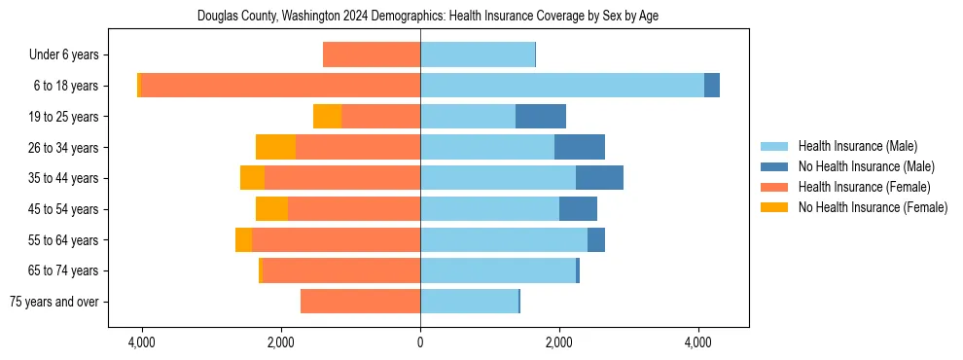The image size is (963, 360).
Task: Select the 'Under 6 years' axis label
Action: pos(69,54)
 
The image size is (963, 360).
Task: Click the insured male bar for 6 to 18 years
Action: pos(561,86)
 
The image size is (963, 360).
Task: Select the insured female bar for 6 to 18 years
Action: pos(280,86)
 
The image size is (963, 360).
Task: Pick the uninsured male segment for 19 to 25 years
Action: pos(541,117)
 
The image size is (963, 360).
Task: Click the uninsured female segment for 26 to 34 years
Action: pos(275,147)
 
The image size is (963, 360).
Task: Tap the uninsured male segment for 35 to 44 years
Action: pos(599,178)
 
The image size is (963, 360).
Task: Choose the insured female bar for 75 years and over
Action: pos(360,302)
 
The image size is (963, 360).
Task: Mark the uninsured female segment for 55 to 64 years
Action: pos(243,239)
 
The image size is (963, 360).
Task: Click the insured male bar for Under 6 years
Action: pos(478,54)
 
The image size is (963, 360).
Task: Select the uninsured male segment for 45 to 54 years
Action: pos(578,209)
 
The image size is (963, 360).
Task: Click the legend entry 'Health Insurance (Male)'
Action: pos(857,146)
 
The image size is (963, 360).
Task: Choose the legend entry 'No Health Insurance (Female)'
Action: pos(873,207)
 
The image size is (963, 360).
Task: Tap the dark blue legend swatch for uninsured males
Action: pos(774,166)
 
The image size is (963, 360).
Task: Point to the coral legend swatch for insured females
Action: pos(774,187)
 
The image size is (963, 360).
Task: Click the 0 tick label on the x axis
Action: pos(420,342)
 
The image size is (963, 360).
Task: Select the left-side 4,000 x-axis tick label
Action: pos(142,342)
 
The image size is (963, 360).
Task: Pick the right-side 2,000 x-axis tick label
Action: pos(559,342)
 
